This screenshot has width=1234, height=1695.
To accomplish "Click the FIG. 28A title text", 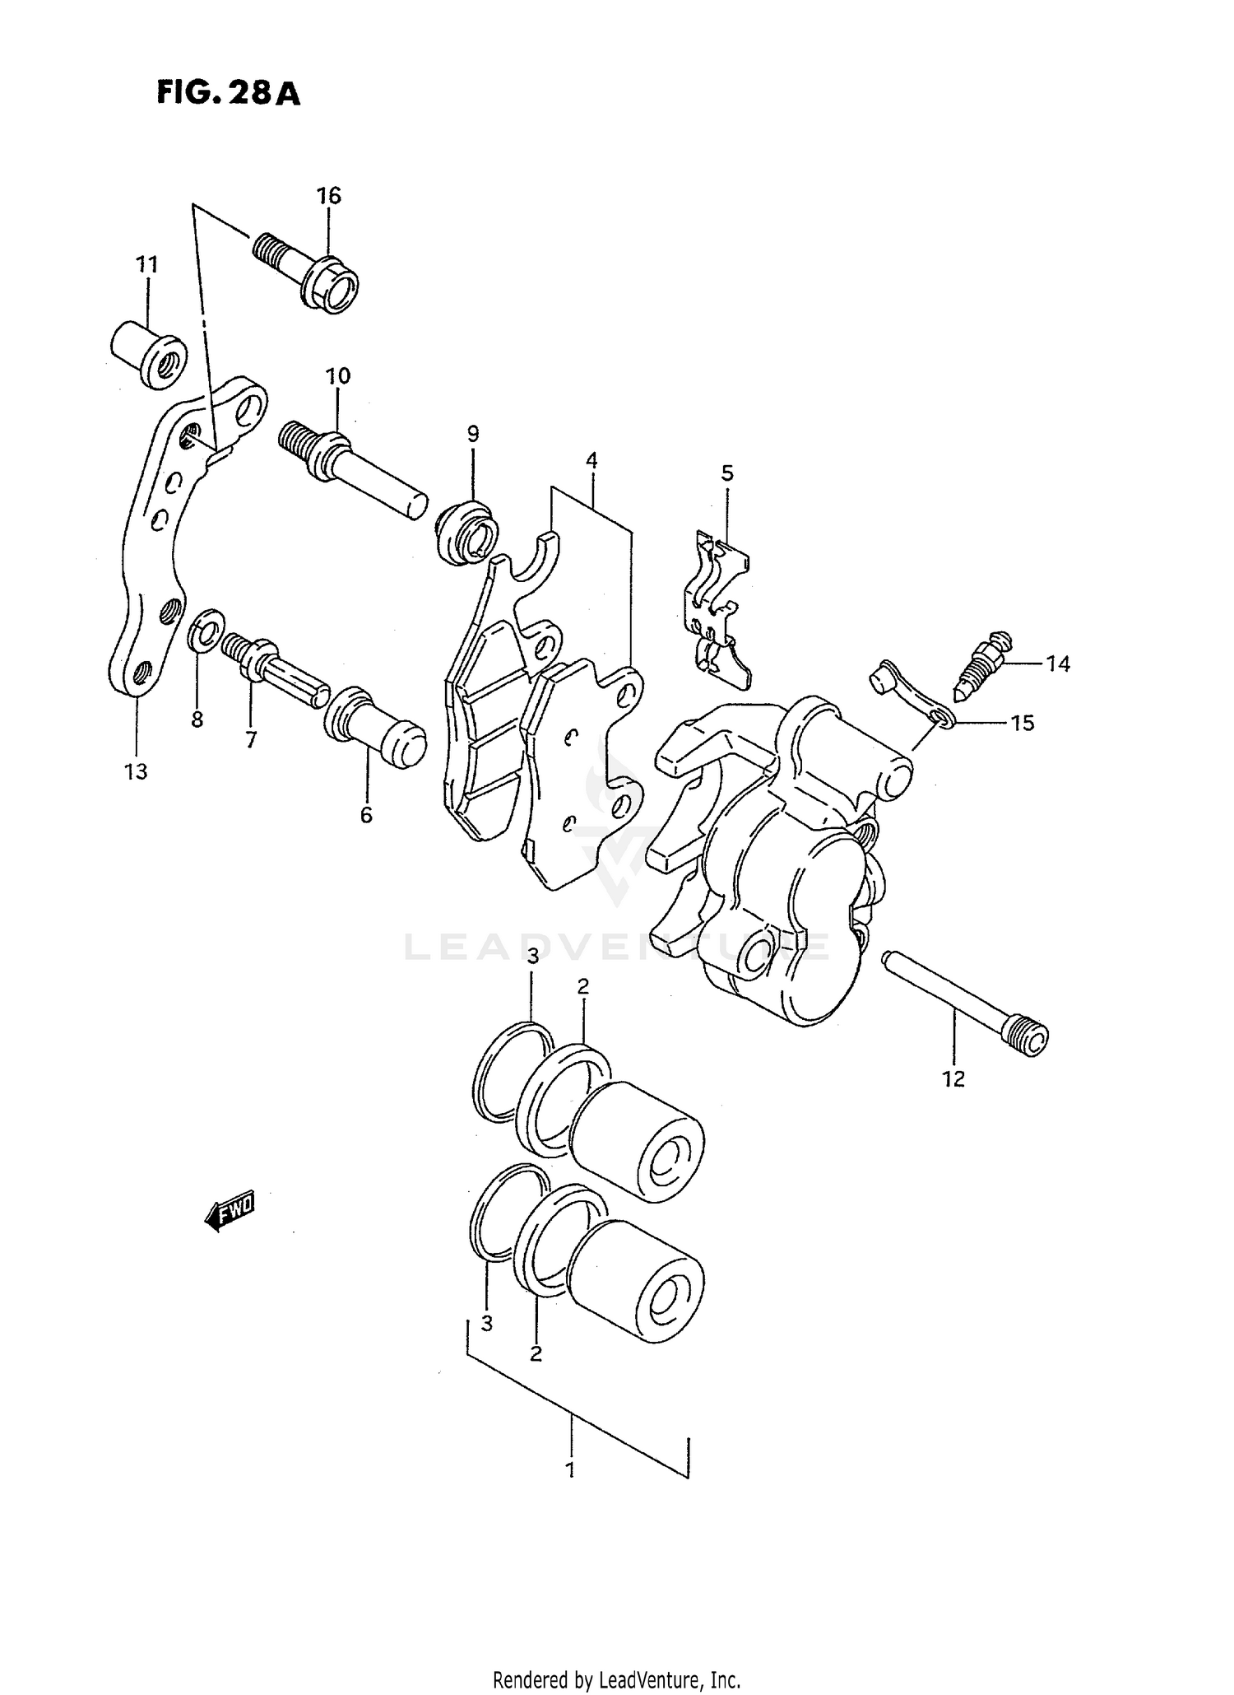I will tap(229, 94).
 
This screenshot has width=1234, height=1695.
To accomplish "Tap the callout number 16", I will tap(328, 196).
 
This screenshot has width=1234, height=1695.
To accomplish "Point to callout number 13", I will tap(136, 771).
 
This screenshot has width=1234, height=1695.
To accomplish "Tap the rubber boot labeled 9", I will tap(467, 534).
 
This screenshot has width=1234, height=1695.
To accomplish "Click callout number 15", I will tap(1022, 723).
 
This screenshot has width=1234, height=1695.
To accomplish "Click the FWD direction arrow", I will tap(230, 1211).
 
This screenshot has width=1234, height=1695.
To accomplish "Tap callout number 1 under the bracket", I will tap(570, 1469).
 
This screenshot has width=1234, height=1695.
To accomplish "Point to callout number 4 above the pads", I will tap(591, 460).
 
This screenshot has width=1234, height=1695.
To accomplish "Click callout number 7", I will tap(250, 739).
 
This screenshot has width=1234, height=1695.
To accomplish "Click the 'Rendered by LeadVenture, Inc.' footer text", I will tap(616, 1679).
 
